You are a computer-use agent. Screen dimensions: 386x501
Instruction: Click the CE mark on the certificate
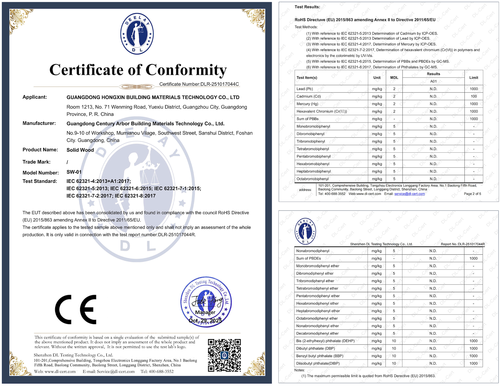pos(76,309)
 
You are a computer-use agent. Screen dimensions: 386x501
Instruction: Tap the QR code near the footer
pos(224,355)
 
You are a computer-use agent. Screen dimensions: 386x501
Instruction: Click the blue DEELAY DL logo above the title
pos(137,34)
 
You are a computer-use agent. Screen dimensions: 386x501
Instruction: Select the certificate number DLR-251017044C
pos(220,84)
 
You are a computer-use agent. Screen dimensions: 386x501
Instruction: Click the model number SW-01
pos(74,172)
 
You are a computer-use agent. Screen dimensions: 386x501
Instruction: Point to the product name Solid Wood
pos(80,150)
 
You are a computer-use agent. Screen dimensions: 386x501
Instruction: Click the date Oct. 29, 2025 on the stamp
pos(205,321)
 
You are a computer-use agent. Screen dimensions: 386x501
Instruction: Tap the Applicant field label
pos(35,97)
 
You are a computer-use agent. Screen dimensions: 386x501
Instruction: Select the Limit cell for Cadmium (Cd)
pos(474,96)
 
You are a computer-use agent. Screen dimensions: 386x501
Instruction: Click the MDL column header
pos(394,78)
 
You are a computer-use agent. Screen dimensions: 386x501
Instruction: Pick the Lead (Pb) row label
pos(305,89)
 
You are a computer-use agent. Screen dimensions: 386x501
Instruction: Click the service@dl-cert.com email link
pos(410,194)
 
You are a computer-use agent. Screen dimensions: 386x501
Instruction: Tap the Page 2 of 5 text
pos(472,194)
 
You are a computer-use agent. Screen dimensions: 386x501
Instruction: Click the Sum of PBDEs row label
pos(308,258)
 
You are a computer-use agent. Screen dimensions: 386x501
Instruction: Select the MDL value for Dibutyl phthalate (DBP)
pos(394,348)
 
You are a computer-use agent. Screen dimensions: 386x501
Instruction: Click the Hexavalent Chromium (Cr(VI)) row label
pos(322,111)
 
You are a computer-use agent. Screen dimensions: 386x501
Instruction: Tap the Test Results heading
pos(307,7)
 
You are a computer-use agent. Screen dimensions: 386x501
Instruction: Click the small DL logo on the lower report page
pos(305,231)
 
